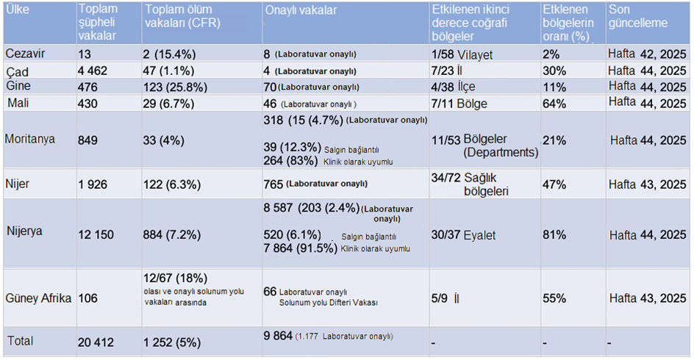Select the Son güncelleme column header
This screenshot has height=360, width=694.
coord(637,17)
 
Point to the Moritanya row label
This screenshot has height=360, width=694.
coord(30,140)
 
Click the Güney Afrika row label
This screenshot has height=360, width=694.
coord(37,298)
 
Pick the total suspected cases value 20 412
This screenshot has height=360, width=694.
coord(97,341)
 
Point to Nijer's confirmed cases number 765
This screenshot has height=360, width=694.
coord(274,184)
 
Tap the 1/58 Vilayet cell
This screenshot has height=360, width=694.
coord(462,54)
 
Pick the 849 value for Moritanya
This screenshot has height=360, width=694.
coord(89,140)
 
